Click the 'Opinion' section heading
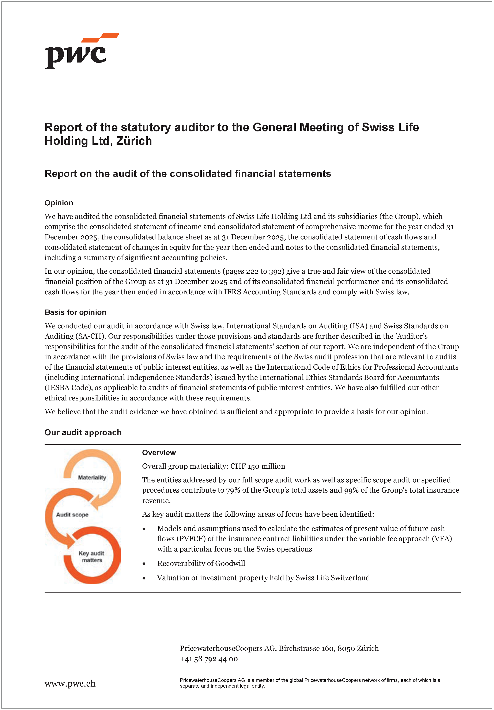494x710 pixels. click(59, 203)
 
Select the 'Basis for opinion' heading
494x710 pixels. click(75, 312)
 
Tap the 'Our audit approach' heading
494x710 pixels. click(83, 432)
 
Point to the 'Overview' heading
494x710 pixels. click(159, 453)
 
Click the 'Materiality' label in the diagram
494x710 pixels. click(92, 478)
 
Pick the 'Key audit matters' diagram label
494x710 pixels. click(91, 557)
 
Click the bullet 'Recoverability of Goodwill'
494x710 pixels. click(201, 563)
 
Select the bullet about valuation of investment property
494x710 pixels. click(263, 578)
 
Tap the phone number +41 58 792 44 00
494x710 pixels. click(209, 659)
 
